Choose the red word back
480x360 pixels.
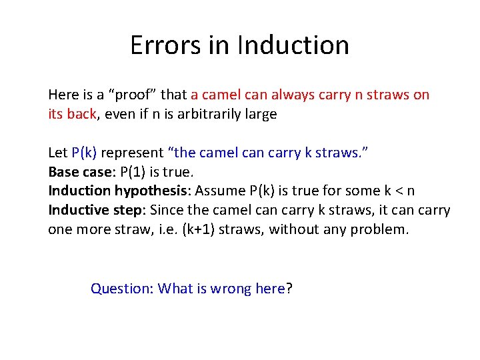click(x=82, y=114)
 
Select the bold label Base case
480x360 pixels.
click(x=78, y=172)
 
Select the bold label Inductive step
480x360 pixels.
click(x=95, y=211)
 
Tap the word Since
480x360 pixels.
click(x=167, y=211)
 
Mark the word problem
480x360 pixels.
click(x=379, y=230)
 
